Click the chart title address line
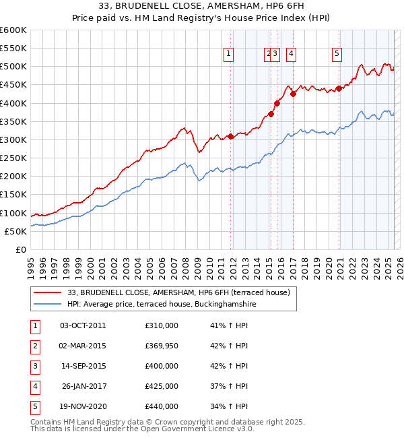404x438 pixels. point(202,7)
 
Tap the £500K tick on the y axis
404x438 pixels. point(13,67)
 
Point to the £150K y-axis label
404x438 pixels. point(13,195)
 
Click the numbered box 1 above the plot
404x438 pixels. point(229,55)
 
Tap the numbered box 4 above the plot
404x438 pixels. point(291,55)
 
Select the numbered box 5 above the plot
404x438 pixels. point(336,55)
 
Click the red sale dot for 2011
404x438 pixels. point(230,136)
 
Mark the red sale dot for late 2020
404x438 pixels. point(338,88)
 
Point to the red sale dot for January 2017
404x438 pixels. point(293,94)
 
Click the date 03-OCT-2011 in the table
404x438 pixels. point(83,325)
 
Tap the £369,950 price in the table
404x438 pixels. point(162,346)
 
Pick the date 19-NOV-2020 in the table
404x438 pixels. point(83,406)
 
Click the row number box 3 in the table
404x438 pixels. point(34,366)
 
